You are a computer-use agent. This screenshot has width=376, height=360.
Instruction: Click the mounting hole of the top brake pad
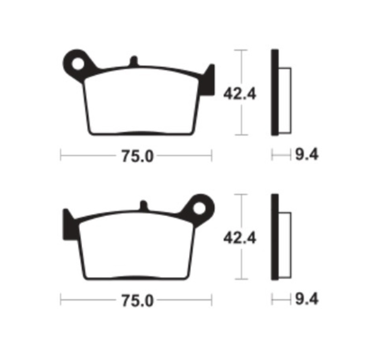coord(78,64)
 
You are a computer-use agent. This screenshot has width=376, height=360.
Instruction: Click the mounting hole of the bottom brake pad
coord(199,208)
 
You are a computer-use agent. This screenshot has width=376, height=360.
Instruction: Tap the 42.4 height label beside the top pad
coord(240,94)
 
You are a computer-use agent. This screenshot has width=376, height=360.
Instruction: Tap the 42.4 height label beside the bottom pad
coord(240,238)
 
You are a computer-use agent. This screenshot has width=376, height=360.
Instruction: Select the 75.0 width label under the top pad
coord(137,157)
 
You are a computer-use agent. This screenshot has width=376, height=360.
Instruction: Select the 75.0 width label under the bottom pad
coord(137,301)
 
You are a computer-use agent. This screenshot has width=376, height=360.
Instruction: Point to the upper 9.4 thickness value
coord(307,155)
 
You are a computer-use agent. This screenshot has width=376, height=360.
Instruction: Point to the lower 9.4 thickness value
coord(307,299)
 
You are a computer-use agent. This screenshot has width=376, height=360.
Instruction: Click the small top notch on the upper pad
coord(134,61)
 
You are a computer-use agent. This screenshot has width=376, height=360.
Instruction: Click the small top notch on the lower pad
coord(144,205)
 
